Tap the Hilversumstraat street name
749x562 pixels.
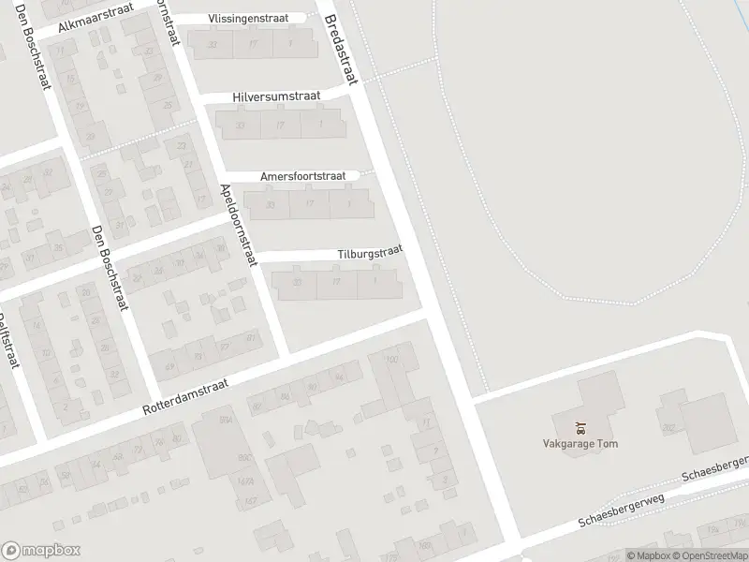(276, 96)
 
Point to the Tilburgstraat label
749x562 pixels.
(370, 252)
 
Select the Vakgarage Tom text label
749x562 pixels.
(580, 444)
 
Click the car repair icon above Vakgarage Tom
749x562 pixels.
(580, 428)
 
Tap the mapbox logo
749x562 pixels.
(38, 551)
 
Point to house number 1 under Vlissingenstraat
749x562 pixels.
(291, 43)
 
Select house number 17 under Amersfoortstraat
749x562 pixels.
(309, 203)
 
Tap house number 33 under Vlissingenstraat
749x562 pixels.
(213, 44)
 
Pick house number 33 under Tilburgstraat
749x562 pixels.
(298, 282)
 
